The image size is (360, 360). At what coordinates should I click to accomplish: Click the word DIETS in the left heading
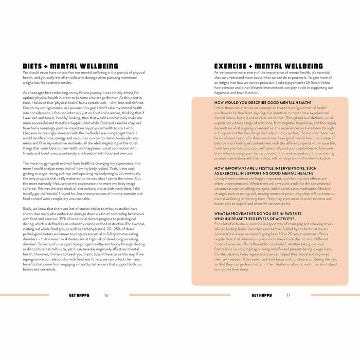[33, 66]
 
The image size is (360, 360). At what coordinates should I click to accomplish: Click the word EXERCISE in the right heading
[230, 66]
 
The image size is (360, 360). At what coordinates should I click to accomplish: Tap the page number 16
[106, 296]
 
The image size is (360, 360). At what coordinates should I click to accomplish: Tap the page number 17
[289, 296]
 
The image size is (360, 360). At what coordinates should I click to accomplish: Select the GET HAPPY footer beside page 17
[262, 296]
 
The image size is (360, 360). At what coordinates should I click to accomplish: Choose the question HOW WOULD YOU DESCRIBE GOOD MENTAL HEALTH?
[271, 103]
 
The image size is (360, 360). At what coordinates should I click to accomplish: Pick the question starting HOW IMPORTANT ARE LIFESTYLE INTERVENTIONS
[265, 168]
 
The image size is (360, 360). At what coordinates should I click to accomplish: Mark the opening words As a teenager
[35, 93]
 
